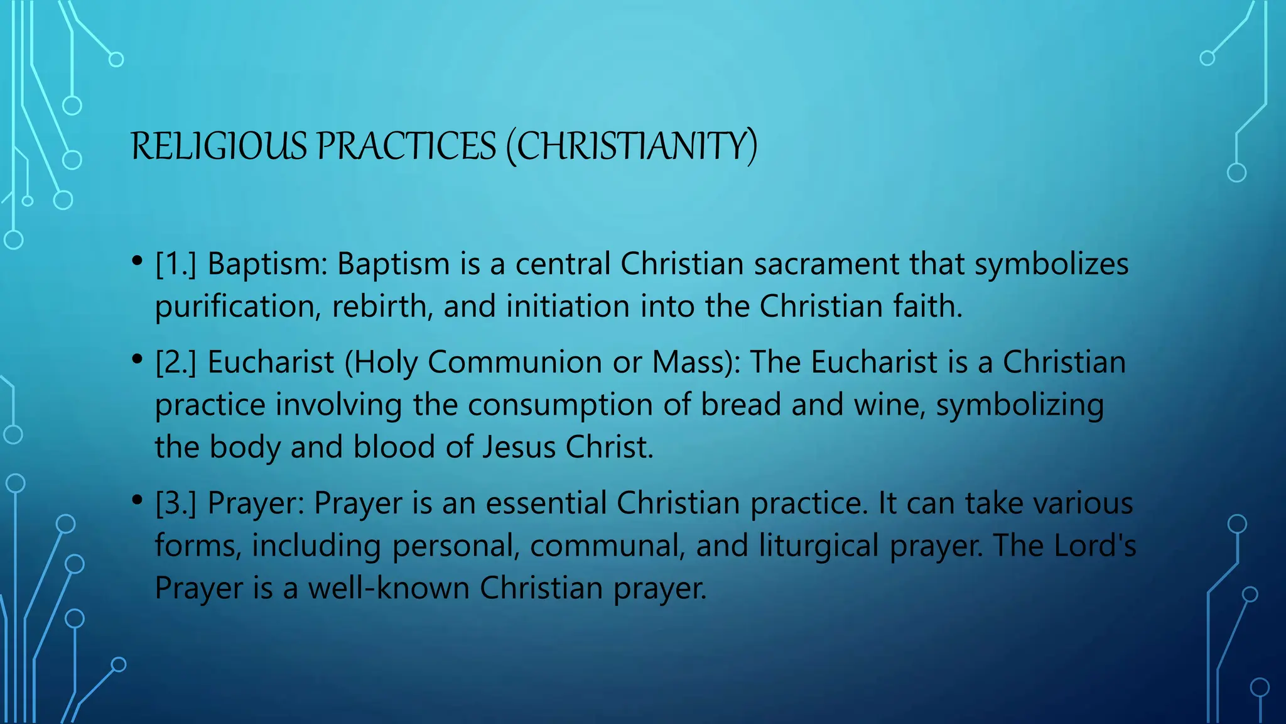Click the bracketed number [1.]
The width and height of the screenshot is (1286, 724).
pyautogui.click(x=176, y=264)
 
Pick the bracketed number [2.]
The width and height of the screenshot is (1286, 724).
pyautogui.click(x=176, y=363)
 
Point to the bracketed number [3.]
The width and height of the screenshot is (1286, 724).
pyautogui.click(x=176, y=503)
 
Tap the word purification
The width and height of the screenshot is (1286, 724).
pyautogui.click(x=238, y=307)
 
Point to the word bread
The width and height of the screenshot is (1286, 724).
pyautogui.click(x=741, y=405)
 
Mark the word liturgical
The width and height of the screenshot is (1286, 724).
pyautogui.click(x=819, y=546)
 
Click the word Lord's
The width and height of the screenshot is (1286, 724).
pyautogui.click(x=1095, y=545)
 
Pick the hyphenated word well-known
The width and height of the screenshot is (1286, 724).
pyautogui.click(x=389, y=588)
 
